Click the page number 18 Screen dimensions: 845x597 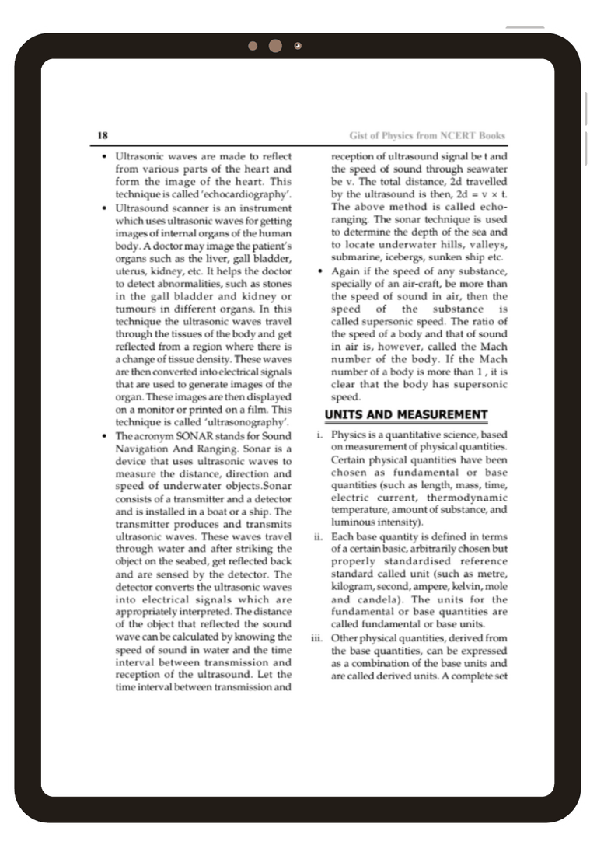(102, 135)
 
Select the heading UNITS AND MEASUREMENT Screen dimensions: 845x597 (406, 414)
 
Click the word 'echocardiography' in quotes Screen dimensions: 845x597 (246, 194)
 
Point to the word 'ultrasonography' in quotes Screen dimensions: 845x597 (246, 422)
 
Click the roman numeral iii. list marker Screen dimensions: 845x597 (316, 638)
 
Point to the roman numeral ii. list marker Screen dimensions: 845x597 (318, 536)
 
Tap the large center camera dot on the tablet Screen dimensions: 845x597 (275, 46)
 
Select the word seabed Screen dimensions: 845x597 (197, 561)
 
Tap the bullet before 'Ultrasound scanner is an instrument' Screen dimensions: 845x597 (104, 209)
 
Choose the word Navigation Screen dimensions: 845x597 (145, 449)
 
